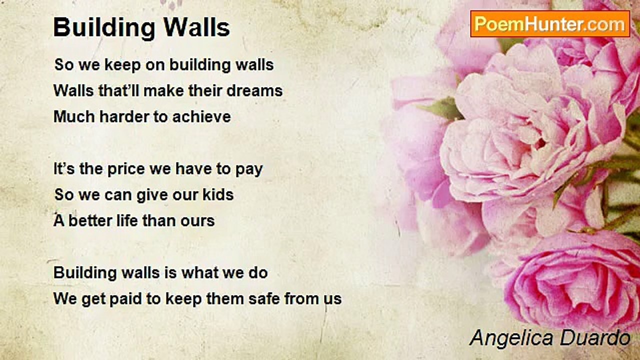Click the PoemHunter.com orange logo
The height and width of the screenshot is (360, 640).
550,24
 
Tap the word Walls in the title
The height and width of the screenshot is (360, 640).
196,27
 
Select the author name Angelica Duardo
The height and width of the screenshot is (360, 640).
549,338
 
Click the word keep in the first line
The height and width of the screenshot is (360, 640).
123,65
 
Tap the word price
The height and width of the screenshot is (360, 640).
126,169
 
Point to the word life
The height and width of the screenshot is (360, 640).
127,221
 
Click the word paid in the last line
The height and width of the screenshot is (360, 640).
125,299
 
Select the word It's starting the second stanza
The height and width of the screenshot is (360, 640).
64,169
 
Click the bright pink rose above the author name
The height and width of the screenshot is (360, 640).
571,280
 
